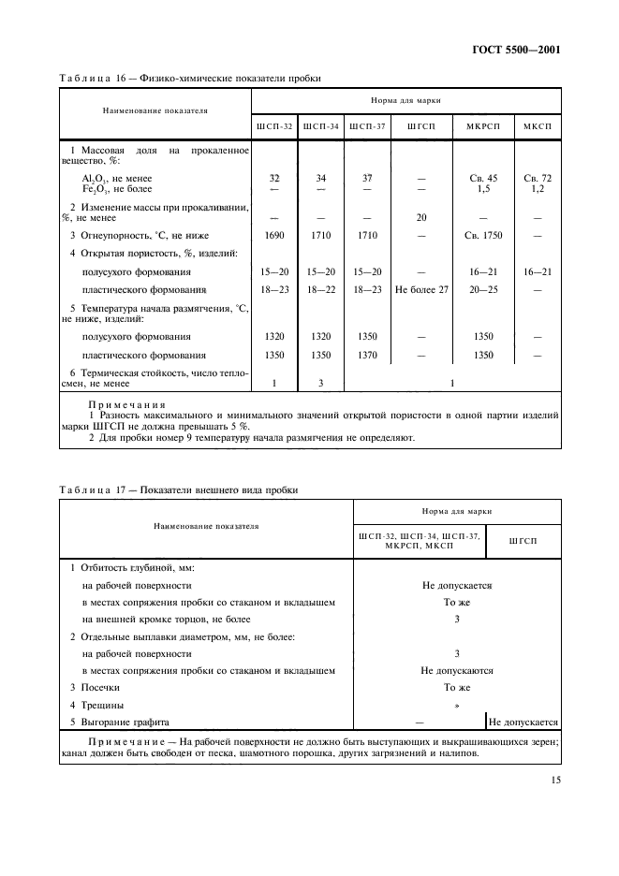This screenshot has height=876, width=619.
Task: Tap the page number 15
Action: (554, 780)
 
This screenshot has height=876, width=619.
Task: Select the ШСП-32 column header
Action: (274, 125)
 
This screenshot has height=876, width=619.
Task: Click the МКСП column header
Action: (538, 125)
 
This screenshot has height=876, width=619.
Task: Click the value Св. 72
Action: (538, 178)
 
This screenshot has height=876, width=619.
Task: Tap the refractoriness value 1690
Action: (274, 236)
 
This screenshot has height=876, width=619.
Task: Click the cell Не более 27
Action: (421, 290)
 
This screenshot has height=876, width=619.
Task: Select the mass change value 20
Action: (421, 217)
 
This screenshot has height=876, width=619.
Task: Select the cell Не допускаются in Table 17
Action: (456, 670)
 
